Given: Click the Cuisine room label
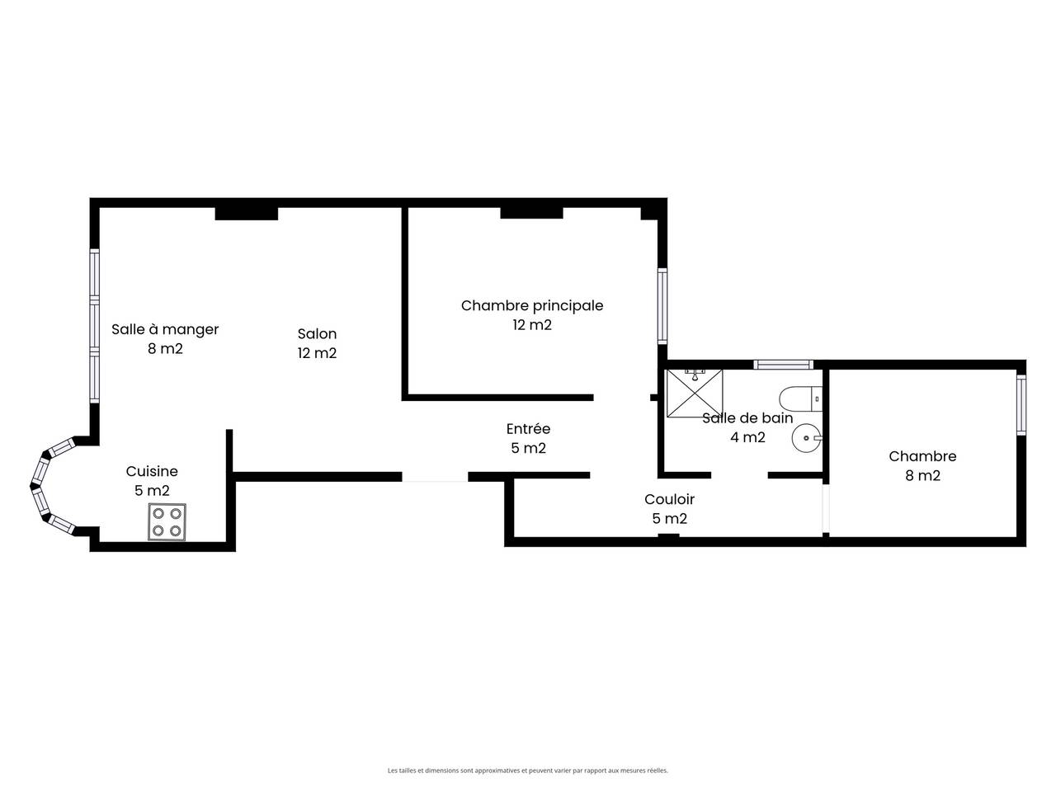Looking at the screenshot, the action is [152, 471].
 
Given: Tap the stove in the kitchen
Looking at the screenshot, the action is [167, 521].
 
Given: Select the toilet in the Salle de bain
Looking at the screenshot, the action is [800, 398].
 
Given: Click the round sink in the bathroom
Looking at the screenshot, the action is [807, 438].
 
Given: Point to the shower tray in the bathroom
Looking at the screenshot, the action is [695, 393].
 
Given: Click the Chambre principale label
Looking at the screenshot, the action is [532, 306].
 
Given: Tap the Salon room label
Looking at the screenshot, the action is [317, 334].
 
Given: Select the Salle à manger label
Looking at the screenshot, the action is [165, 330].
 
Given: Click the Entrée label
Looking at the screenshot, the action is [528, 428].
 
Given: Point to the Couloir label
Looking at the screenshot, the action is [669, 499].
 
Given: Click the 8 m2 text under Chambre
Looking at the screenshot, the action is [922, 475].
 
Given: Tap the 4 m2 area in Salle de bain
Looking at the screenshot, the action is [747, 437].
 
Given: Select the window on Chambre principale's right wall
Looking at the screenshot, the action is [662, 306].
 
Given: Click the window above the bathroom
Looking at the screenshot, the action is [783, 365].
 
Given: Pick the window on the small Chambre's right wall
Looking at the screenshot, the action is [1021, 405].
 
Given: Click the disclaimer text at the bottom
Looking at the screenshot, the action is [528, 771].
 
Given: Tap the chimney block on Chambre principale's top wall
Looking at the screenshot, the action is [531, 213].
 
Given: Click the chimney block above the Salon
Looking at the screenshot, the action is [247, 214].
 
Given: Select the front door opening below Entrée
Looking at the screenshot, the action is [435, 477].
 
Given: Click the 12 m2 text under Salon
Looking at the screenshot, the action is [317, 353].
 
